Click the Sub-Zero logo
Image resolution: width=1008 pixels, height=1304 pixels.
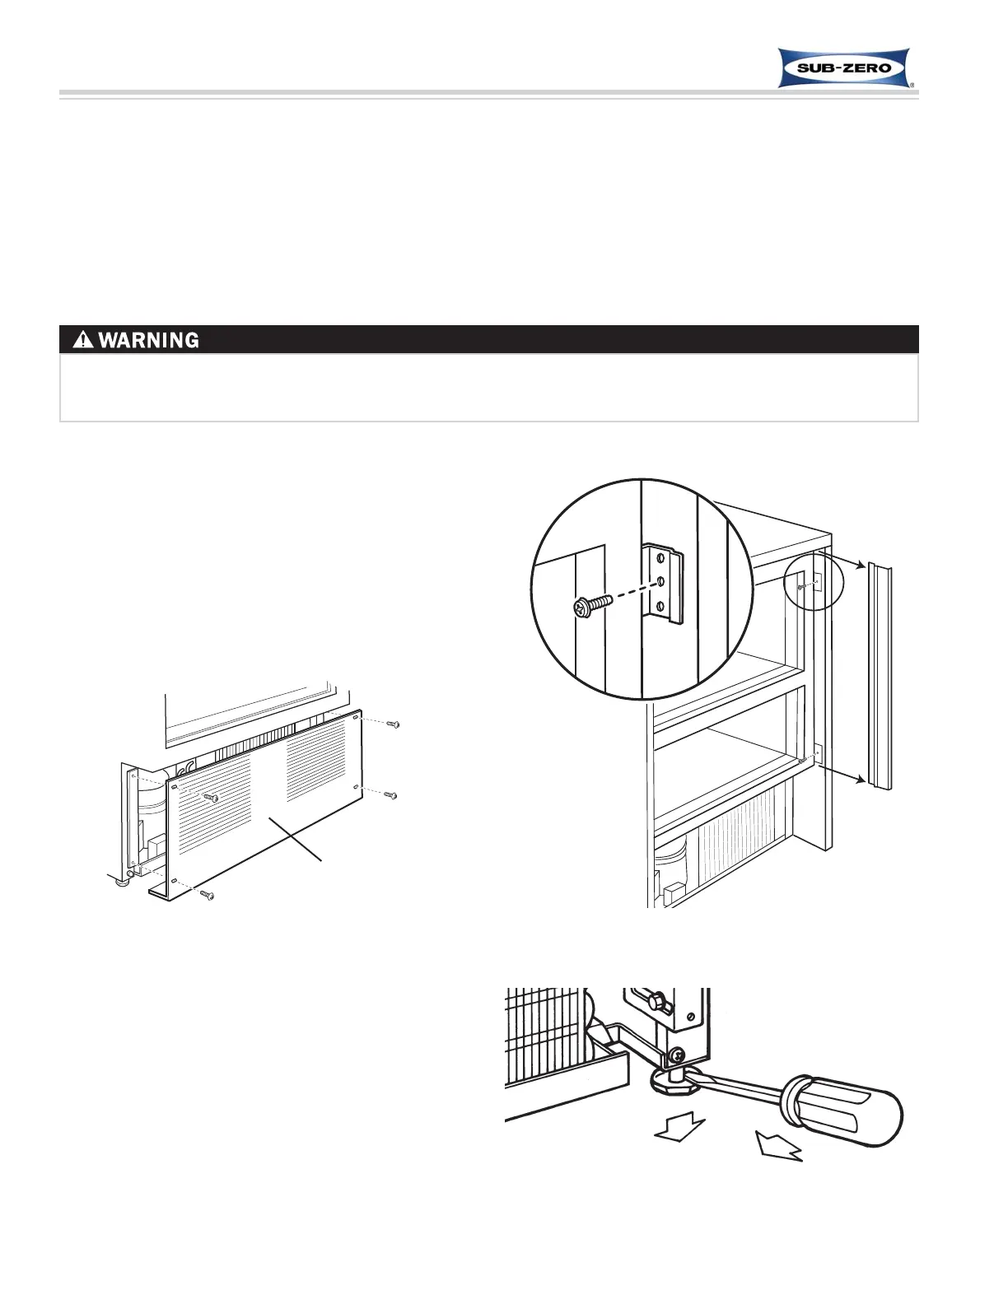point(844,68)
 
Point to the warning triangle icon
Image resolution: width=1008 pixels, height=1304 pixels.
point(83,339)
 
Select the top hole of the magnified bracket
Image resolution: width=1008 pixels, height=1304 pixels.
point(660,557)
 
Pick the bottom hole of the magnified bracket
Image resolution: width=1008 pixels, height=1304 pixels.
point(660,607)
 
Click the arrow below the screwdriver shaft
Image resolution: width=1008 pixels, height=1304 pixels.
point(777,1147)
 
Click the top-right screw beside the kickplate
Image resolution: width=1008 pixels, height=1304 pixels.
point(394,724)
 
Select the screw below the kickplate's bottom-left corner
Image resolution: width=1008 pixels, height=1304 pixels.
point(208,895)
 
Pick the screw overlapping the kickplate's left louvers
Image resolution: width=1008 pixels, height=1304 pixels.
point(211,797)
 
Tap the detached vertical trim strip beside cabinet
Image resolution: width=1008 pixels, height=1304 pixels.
point(880,675)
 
